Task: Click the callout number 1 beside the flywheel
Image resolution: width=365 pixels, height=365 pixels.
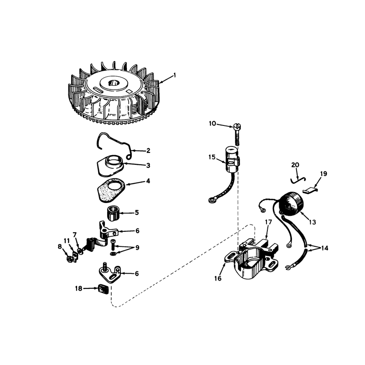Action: [174, 75]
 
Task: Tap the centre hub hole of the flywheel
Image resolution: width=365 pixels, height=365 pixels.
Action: [114, 83]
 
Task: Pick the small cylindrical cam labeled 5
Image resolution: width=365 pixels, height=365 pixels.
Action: [113, 213]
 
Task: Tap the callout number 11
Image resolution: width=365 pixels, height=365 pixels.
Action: [67, 241]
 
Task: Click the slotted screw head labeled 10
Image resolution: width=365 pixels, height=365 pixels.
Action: [237, 126]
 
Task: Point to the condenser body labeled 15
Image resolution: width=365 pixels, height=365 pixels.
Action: [233, 160]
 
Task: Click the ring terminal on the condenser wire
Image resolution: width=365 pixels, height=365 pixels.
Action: [212, 199]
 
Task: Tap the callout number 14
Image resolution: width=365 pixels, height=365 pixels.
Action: [324, 248]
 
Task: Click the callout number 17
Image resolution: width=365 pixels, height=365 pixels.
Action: [268, 222]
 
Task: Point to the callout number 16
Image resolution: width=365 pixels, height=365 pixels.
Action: [218, 278]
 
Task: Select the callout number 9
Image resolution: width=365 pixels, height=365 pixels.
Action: [137, 248]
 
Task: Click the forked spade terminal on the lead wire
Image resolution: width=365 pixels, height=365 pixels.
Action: [288, 268]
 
